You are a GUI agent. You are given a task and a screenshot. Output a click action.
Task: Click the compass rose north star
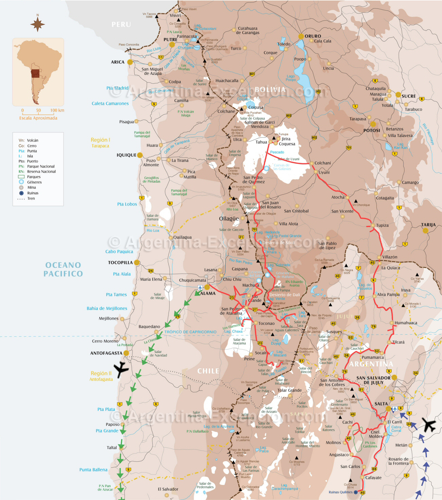[x=37, y=24]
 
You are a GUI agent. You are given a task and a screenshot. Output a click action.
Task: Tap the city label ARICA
[x=118, y=62]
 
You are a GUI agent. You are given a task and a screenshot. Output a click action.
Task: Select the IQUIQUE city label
[x=126, y=155]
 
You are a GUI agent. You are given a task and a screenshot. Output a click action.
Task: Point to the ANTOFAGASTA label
[x=106, y=353]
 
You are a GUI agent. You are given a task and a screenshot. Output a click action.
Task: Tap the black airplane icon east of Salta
[x=429, y=424]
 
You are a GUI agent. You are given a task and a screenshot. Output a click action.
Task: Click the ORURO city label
[x=313, y=36]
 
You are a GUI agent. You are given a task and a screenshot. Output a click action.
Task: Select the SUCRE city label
[x=409, y=96]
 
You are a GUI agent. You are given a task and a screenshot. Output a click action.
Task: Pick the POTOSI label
[x=372, y=131]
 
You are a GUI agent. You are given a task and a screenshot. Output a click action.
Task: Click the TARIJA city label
[x=428, y=225]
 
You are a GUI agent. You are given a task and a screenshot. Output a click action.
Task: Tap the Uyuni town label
[x=324, y=172]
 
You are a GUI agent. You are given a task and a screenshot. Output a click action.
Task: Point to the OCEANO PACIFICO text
[x=63, y=269]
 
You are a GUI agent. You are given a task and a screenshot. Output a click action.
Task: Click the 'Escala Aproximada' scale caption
[x=38, y=118]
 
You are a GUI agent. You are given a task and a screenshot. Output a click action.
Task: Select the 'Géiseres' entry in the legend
[x=34, y=182]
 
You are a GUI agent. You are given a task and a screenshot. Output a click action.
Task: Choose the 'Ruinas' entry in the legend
[x=33, y=193]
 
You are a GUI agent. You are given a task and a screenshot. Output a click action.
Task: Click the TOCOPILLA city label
[x=120, y=263]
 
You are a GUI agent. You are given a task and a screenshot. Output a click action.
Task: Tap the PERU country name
[x=121, y=24]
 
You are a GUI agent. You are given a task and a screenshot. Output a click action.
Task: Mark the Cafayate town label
[x=373, y=478]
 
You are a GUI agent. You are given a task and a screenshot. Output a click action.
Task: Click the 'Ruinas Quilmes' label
[x=340, y=492]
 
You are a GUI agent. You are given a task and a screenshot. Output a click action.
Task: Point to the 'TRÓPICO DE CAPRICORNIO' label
[x=190, y=332]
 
